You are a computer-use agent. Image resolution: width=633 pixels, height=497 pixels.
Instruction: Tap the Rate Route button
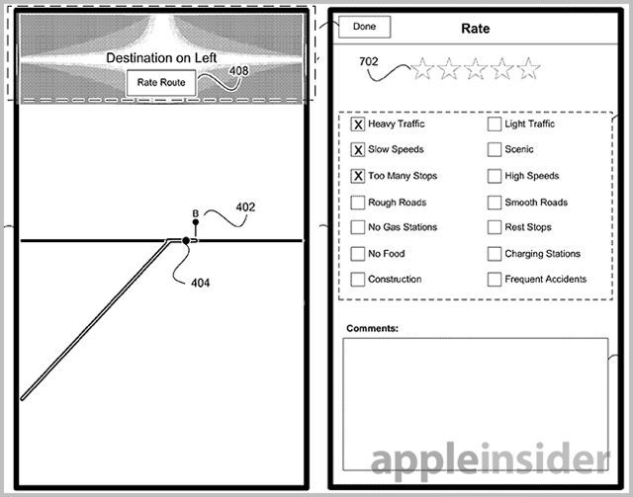pos(161,82)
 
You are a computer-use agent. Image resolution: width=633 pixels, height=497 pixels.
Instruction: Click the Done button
pos(365,27)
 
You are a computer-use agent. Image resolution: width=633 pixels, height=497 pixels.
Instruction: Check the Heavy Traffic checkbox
pos(358,124)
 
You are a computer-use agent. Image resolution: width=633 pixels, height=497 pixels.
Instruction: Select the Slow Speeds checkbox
pos(358,149)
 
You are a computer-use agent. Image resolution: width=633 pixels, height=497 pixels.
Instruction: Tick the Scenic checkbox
pos(495,149)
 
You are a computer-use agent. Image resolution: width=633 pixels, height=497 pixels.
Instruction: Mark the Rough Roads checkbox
pos(358,203)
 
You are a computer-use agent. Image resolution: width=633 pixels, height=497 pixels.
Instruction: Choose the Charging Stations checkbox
pos(495,254)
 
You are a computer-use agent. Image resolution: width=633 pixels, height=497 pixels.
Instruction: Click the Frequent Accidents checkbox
pos(495,280)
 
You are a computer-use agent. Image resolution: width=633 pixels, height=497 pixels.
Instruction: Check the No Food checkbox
pos(358,254)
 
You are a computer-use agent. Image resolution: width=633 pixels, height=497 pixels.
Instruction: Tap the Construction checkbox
pos(358,280)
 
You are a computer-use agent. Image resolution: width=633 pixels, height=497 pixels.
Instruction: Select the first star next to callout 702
pos(422,68)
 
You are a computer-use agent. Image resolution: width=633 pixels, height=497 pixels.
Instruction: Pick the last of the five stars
pos(528,68)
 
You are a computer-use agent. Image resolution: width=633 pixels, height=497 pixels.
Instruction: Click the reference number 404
pos(200,283)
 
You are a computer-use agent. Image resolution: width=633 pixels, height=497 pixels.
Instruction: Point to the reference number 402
pos(245,207)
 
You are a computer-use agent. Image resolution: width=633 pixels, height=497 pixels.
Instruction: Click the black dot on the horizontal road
pos(186,241)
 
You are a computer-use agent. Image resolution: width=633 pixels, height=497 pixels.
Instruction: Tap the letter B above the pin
pos(196,213)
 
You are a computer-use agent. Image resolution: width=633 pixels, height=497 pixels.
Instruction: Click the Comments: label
pos(372,328)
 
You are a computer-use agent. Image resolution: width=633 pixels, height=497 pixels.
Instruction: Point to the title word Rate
pos(476,29)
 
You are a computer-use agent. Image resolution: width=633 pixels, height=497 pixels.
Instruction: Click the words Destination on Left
pos(161,57)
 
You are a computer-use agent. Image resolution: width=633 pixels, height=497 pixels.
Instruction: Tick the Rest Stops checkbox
pos(495,227)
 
